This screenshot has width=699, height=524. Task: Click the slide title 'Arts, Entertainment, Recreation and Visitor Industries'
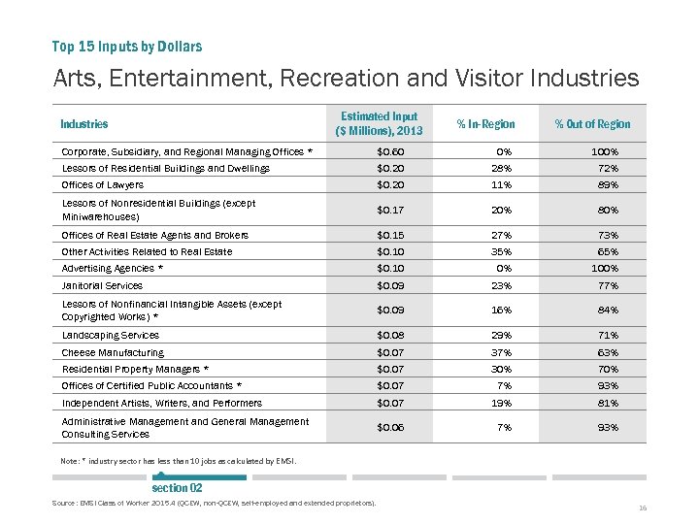tap(347, 78)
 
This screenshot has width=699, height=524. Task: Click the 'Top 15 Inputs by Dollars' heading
tap(127, 46)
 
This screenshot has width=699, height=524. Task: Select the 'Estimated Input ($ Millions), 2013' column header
tap(379, 123)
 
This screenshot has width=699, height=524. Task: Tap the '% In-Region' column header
tap(485, 124)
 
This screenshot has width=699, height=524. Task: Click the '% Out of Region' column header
tap(592, 124)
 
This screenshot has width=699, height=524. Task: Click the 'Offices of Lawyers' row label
tap(103, 184)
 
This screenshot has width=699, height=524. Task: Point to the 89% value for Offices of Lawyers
tap(607, 184)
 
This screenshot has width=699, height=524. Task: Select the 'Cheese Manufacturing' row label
tap(113, 353)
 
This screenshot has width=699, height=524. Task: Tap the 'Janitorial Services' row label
tap(102, 285)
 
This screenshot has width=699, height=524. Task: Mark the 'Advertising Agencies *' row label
tap(113, 268)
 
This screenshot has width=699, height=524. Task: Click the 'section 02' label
tap(177, 487)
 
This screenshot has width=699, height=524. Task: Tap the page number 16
tap(643, 508)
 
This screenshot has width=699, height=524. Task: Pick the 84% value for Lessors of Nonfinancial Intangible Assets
tap(607, 311)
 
